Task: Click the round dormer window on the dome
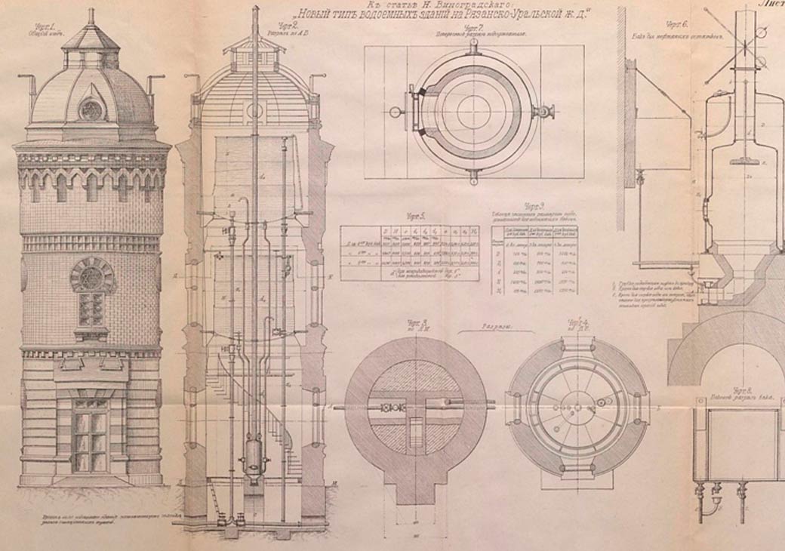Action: click(x=91, y=109)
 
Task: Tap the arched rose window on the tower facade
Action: click(x=91, y=275)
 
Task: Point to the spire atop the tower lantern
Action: click(x=91, y=17)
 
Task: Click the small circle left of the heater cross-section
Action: click(x=394, y=112)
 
